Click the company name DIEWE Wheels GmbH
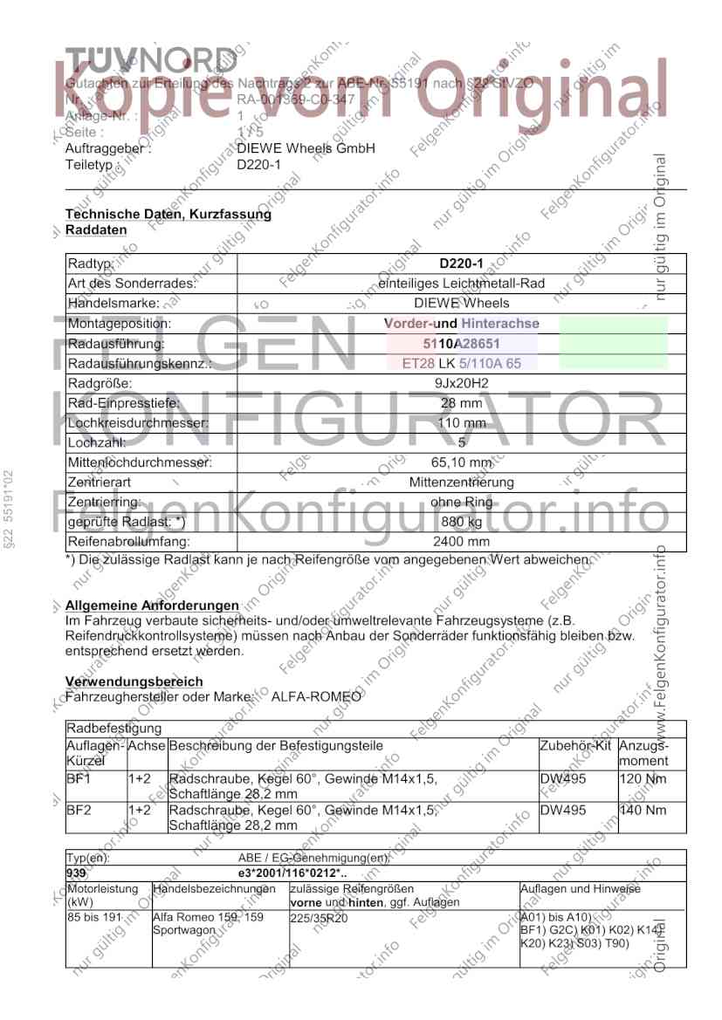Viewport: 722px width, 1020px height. (306, 148)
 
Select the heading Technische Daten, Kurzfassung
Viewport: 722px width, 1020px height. (168, 214)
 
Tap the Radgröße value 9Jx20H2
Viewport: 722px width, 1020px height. (462, 384)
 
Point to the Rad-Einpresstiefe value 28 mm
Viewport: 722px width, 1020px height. (462, 403)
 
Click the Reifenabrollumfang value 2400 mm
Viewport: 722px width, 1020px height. (462, 542)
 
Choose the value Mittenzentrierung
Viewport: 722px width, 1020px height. (462, 483)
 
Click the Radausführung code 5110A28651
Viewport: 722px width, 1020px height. (462, 344)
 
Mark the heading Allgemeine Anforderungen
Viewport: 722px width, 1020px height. (152, 606)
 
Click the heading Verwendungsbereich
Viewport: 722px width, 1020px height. (134, 681)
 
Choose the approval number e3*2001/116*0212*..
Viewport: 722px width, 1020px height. (293, 873)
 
